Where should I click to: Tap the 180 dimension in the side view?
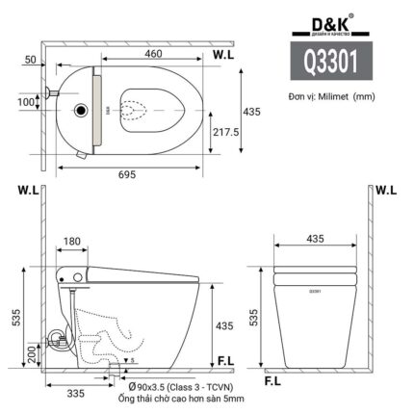[x=71, y=242]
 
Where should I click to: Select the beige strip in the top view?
[x=94, y=114]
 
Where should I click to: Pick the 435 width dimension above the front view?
[x=314, y=237]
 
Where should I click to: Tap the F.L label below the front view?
[x=276, y=380]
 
